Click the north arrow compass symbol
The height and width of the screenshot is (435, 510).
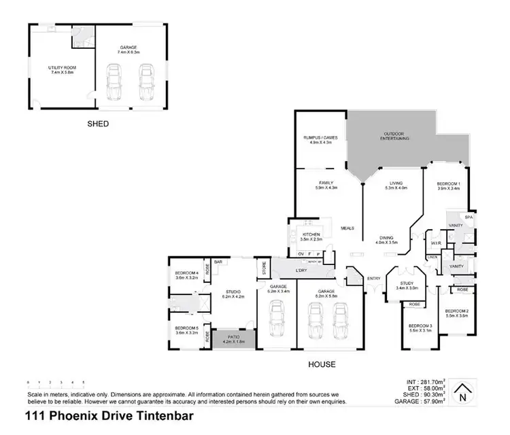coord(463,392)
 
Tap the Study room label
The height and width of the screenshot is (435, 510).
coord(407,285)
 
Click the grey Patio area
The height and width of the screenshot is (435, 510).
coord(233,339)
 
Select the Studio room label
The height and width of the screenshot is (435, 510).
coord(232,294)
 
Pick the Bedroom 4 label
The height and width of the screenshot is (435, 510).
coord(186,276)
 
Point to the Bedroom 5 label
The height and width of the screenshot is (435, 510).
coord(186,330)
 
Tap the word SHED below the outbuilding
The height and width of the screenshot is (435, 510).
coord(98,124)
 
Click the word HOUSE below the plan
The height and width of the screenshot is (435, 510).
coord(321,364)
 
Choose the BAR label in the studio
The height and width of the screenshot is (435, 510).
coord(218,262)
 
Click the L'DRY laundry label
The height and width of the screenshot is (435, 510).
coord(303,270)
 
